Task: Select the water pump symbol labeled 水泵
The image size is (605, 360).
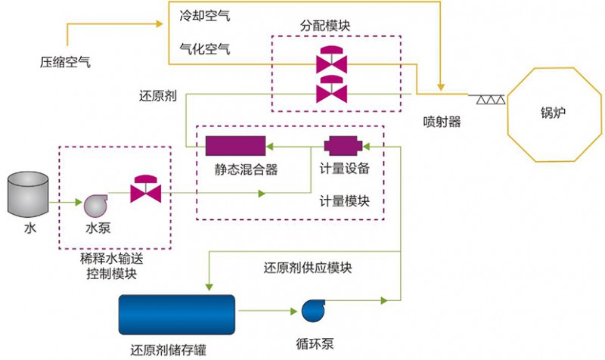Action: pos(96,204)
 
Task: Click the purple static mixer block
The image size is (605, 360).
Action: pos(235,144)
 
